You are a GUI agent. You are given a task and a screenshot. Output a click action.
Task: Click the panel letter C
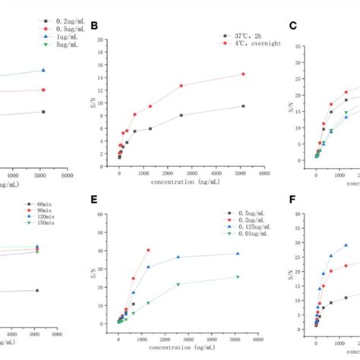pos(292,26)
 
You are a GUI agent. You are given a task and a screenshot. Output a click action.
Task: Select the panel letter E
pos(94,200)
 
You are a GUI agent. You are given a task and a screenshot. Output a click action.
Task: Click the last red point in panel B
pos(243,74)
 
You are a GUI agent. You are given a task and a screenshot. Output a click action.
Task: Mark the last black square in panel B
pos(243,106)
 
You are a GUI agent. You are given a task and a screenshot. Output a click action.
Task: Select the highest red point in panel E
pos(148,250)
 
